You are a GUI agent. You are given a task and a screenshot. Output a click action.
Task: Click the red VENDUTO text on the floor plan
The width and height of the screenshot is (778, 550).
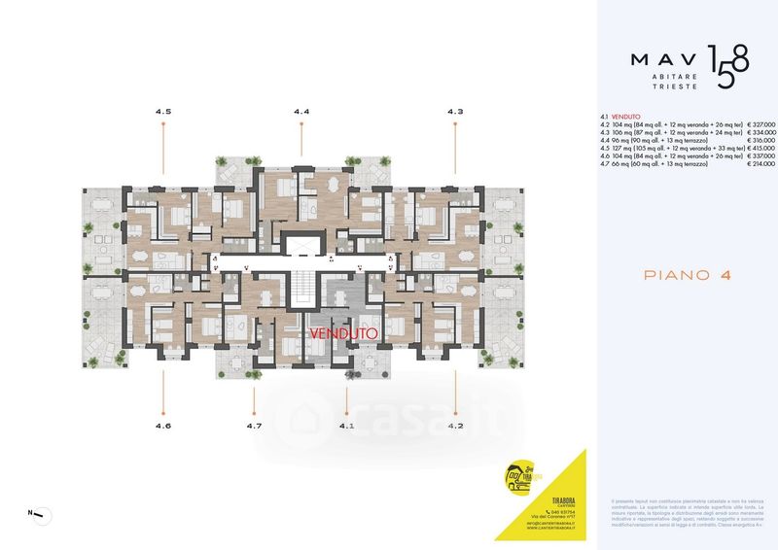pos(343,332)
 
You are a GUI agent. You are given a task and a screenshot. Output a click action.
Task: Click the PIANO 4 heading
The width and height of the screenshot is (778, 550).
pos(688,275)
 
